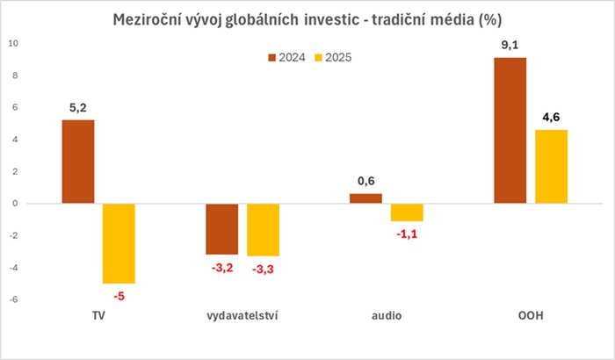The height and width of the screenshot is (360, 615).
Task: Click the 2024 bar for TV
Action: tap(77, 162)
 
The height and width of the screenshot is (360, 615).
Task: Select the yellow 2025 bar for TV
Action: tap(119, 243)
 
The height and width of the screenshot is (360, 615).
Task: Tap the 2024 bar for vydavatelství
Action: tap(221, 229)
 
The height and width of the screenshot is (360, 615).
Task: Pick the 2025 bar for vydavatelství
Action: tap(263, 230)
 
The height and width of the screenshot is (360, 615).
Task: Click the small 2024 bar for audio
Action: tap(366, 198)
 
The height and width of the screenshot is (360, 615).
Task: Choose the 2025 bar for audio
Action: tap(407, 212)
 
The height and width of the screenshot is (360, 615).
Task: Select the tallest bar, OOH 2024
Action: tap(510, 131)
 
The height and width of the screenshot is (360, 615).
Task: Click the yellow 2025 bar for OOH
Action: tap(551, 167)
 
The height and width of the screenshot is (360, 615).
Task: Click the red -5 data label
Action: tap(119, 296)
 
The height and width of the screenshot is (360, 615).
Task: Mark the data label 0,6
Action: tap(366, 181)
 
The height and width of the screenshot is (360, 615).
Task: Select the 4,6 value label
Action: tap(551, 116)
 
